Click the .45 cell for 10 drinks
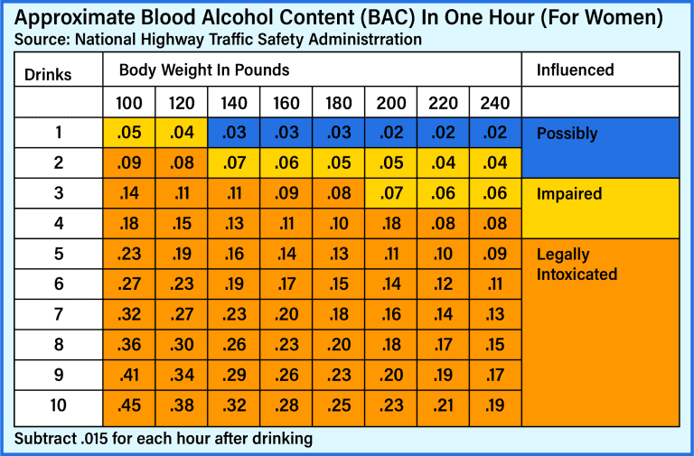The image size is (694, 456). point(130,405)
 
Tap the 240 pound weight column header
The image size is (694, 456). point(495,104)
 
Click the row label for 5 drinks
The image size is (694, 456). point(59,254)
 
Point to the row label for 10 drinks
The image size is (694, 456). point(59,405)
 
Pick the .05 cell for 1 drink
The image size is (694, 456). point(130,133)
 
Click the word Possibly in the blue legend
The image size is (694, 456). point(567,134)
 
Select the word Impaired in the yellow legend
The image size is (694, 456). point(568,194)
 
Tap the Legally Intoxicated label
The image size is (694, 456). point(577,264)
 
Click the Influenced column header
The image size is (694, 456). point(575,70)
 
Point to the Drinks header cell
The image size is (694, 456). point(48,74)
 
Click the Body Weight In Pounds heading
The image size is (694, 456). point(204,70)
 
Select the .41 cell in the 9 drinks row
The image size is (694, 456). point(130,376)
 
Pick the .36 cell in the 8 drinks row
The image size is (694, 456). point(130,345)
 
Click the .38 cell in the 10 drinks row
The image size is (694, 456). point(183,405)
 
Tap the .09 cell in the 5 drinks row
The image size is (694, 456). point(495,254)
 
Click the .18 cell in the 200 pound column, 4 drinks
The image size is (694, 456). point(391,224)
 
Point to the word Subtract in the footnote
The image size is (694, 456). point(44,439)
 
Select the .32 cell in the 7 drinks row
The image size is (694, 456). point(130,314)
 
